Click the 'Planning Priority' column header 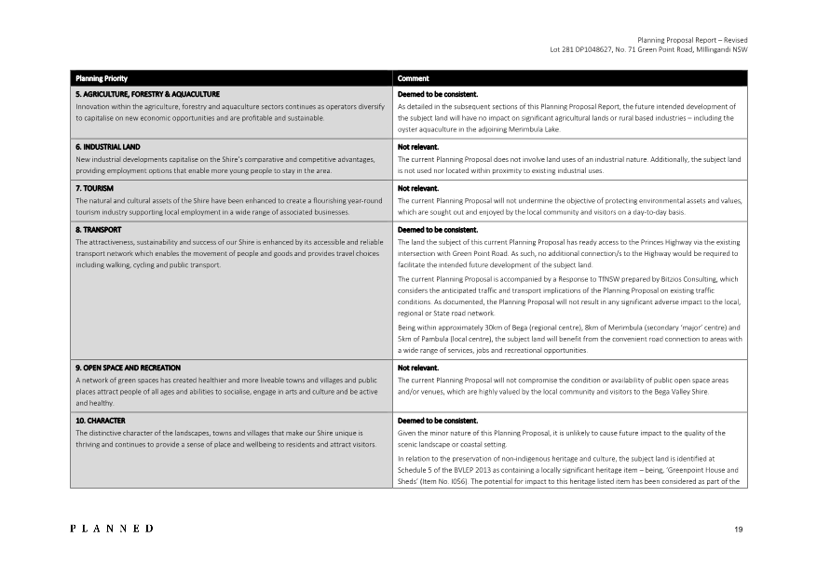(x=102, y=79)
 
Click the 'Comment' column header (x=414, y=79)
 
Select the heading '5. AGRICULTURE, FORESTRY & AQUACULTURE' (x=147, y=94)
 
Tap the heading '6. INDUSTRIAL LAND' (x=107, y=147)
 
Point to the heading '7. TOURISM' (x=94, y=188)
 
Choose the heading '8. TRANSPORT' (x=98, y=229)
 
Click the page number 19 (x=738, y=529)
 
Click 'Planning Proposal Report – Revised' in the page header (x=692, y=40)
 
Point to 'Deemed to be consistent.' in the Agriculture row (x=438, y=94)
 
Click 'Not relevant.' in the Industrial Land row (x=418, y=147)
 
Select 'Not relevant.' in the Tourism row (x=418, y=188)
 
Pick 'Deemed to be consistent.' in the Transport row (x=438, y=229)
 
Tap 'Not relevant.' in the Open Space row (x=418, y=368)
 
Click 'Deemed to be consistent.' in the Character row (x=438, y=421)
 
